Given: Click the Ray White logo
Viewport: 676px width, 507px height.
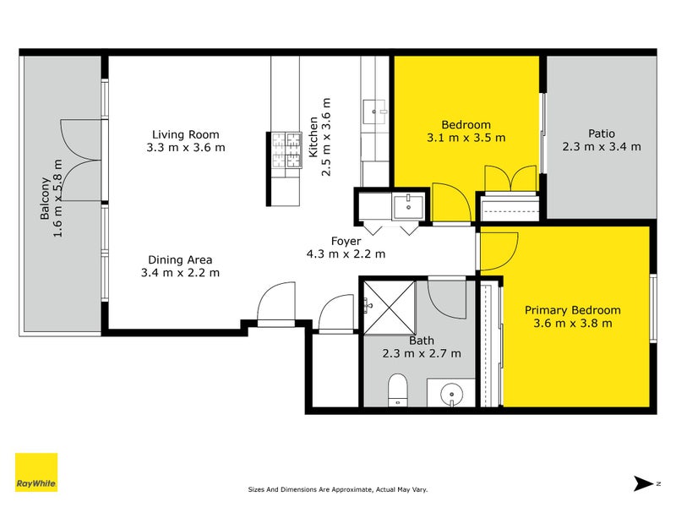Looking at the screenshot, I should click(36, 472).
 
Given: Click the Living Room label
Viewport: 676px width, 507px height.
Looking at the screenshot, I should click(185, 134).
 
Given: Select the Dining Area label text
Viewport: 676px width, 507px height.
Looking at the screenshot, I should click(180, 259).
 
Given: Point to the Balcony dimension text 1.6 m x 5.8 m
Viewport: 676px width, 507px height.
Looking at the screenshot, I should click(58, 199).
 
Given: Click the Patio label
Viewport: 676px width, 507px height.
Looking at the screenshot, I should click(601, 134).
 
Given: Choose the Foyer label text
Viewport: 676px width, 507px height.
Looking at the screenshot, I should click(346, 241).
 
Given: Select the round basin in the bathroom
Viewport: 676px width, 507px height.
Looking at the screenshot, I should click(452, 393).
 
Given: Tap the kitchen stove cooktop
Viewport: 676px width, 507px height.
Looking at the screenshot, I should click(286, 151).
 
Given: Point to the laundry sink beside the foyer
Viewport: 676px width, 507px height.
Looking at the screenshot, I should click(409, 205).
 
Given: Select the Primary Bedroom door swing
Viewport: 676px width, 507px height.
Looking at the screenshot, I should click(499, 248).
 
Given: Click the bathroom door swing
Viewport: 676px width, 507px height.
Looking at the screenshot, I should click(445, 296).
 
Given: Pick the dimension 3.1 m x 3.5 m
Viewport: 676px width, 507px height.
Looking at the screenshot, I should click(466, 137).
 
